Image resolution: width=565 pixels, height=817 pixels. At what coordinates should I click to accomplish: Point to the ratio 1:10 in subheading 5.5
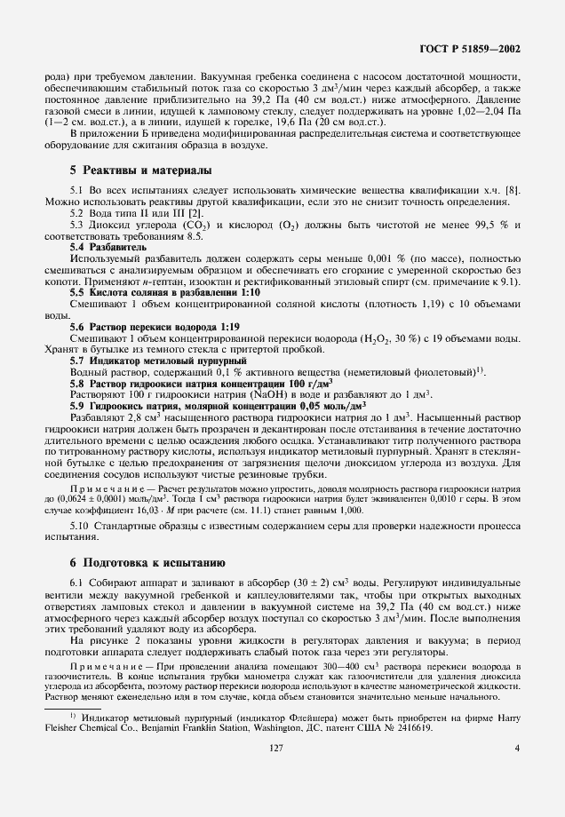coord(247,317)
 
